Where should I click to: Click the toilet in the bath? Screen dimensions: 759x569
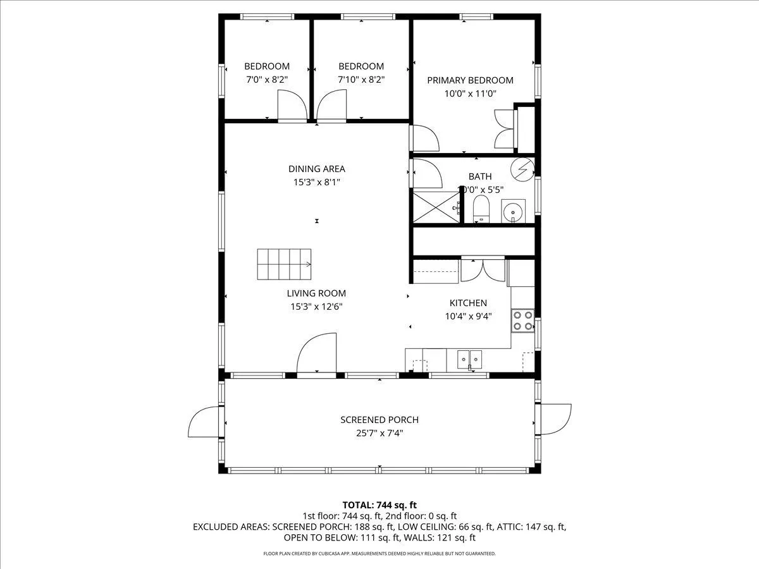point(481,209)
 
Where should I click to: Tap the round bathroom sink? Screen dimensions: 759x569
point(513,211)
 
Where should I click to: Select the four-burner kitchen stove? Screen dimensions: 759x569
point(523,321)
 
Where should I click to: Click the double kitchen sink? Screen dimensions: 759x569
point(469,360)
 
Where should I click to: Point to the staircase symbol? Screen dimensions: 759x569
point(284,264)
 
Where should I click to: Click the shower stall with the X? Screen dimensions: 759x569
point(436,207)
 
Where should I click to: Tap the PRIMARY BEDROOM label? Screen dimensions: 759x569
point(470,80)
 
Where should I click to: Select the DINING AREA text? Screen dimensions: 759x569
point(317,169)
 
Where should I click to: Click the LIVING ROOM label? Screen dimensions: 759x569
point(316,293)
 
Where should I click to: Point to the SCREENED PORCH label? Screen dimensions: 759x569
point(379,419)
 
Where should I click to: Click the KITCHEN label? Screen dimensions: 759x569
point(468,303)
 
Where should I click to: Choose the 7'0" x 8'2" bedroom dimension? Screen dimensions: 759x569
point(267,80)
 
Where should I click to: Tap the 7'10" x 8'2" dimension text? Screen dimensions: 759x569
point(361,80)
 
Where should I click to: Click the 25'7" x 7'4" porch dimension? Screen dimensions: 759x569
point(379,433)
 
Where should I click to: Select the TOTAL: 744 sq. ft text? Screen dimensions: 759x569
point(379,505)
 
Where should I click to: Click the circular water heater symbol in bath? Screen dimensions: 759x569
point(522,169)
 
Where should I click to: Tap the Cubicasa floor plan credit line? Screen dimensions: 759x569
point(379,553)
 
